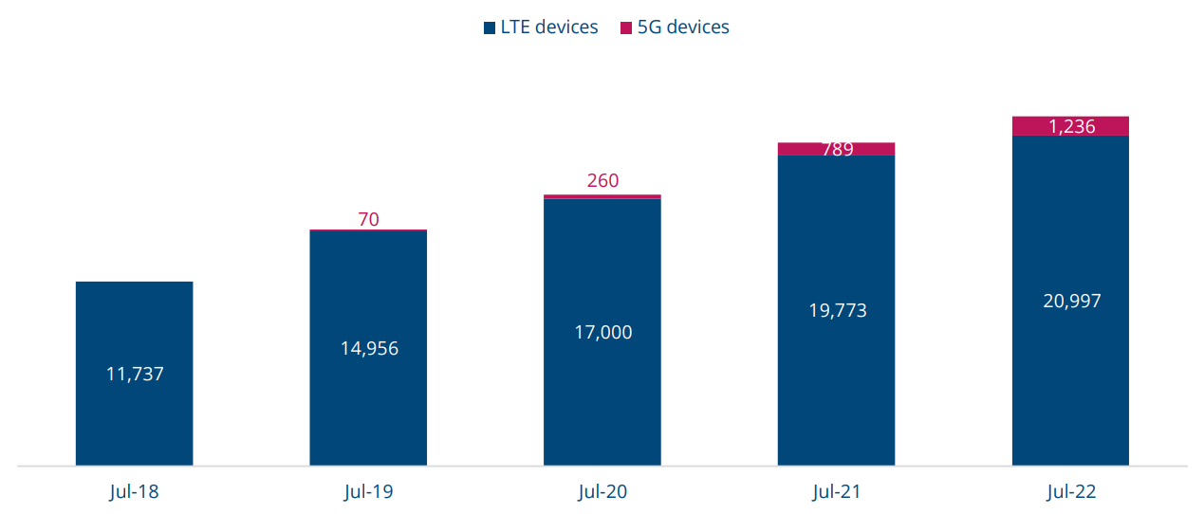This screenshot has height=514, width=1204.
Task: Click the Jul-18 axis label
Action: (134, 492)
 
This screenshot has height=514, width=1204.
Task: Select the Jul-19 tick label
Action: (368, 492)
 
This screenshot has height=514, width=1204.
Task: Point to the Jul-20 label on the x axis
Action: (602, 492)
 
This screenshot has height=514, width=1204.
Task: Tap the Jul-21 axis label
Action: (837, 492)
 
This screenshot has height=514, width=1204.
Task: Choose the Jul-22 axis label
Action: (1071, 492)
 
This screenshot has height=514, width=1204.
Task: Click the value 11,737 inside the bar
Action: (135, 374)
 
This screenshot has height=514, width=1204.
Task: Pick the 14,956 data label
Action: (369, 348)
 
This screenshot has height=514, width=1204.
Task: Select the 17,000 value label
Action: (602, 332)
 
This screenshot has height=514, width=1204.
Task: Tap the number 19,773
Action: (837, 310)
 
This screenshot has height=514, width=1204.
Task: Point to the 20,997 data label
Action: (1071, 301)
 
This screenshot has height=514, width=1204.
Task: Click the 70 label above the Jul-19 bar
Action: (368, 219)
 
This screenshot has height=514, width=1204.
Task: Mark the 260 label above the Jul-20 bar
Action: (602, 180)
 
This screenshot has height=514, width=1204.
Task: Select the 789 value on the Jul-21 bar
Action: (837, 149)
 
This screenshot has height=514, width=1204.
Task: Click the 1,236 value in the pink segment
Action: (1071, 126)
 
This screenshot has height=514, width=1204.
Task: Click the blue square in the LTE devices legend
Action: (489, 28)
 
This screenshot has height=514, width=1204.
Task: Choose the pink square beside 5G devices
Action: (626, 28)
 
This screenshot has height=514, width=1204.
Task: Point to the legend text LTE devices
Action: (549, 27)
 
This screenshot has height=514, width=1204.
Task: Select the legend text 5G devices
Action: (683, 27)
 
